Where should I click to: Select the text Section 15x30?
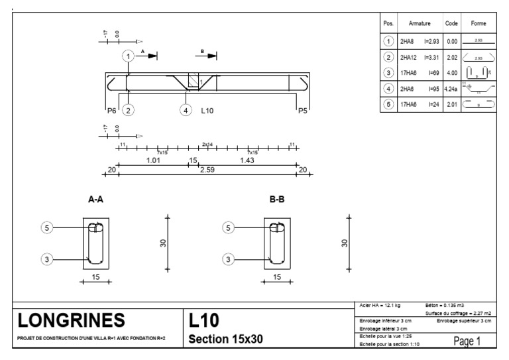coord(227,338)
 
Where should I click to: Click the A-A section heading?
coord(97,199)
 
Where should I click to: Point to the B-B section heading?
coord(277,199)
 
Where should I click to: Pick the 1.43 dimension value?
coord(249,160)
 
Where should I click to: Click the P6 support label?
coord(111,111)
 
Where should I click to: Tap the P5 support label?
coord(302,111)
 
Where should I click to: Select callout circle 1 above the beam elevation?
coord(127,56)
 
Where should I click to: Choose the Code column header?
coord(451,23)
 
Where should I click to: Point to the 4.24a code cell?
coord(451,88)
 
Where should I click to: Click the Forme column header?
coord(478,23)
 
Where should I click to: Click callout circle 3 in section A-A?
coord(46,259)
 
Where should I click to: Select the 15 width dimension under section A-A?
coord(97,278)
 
